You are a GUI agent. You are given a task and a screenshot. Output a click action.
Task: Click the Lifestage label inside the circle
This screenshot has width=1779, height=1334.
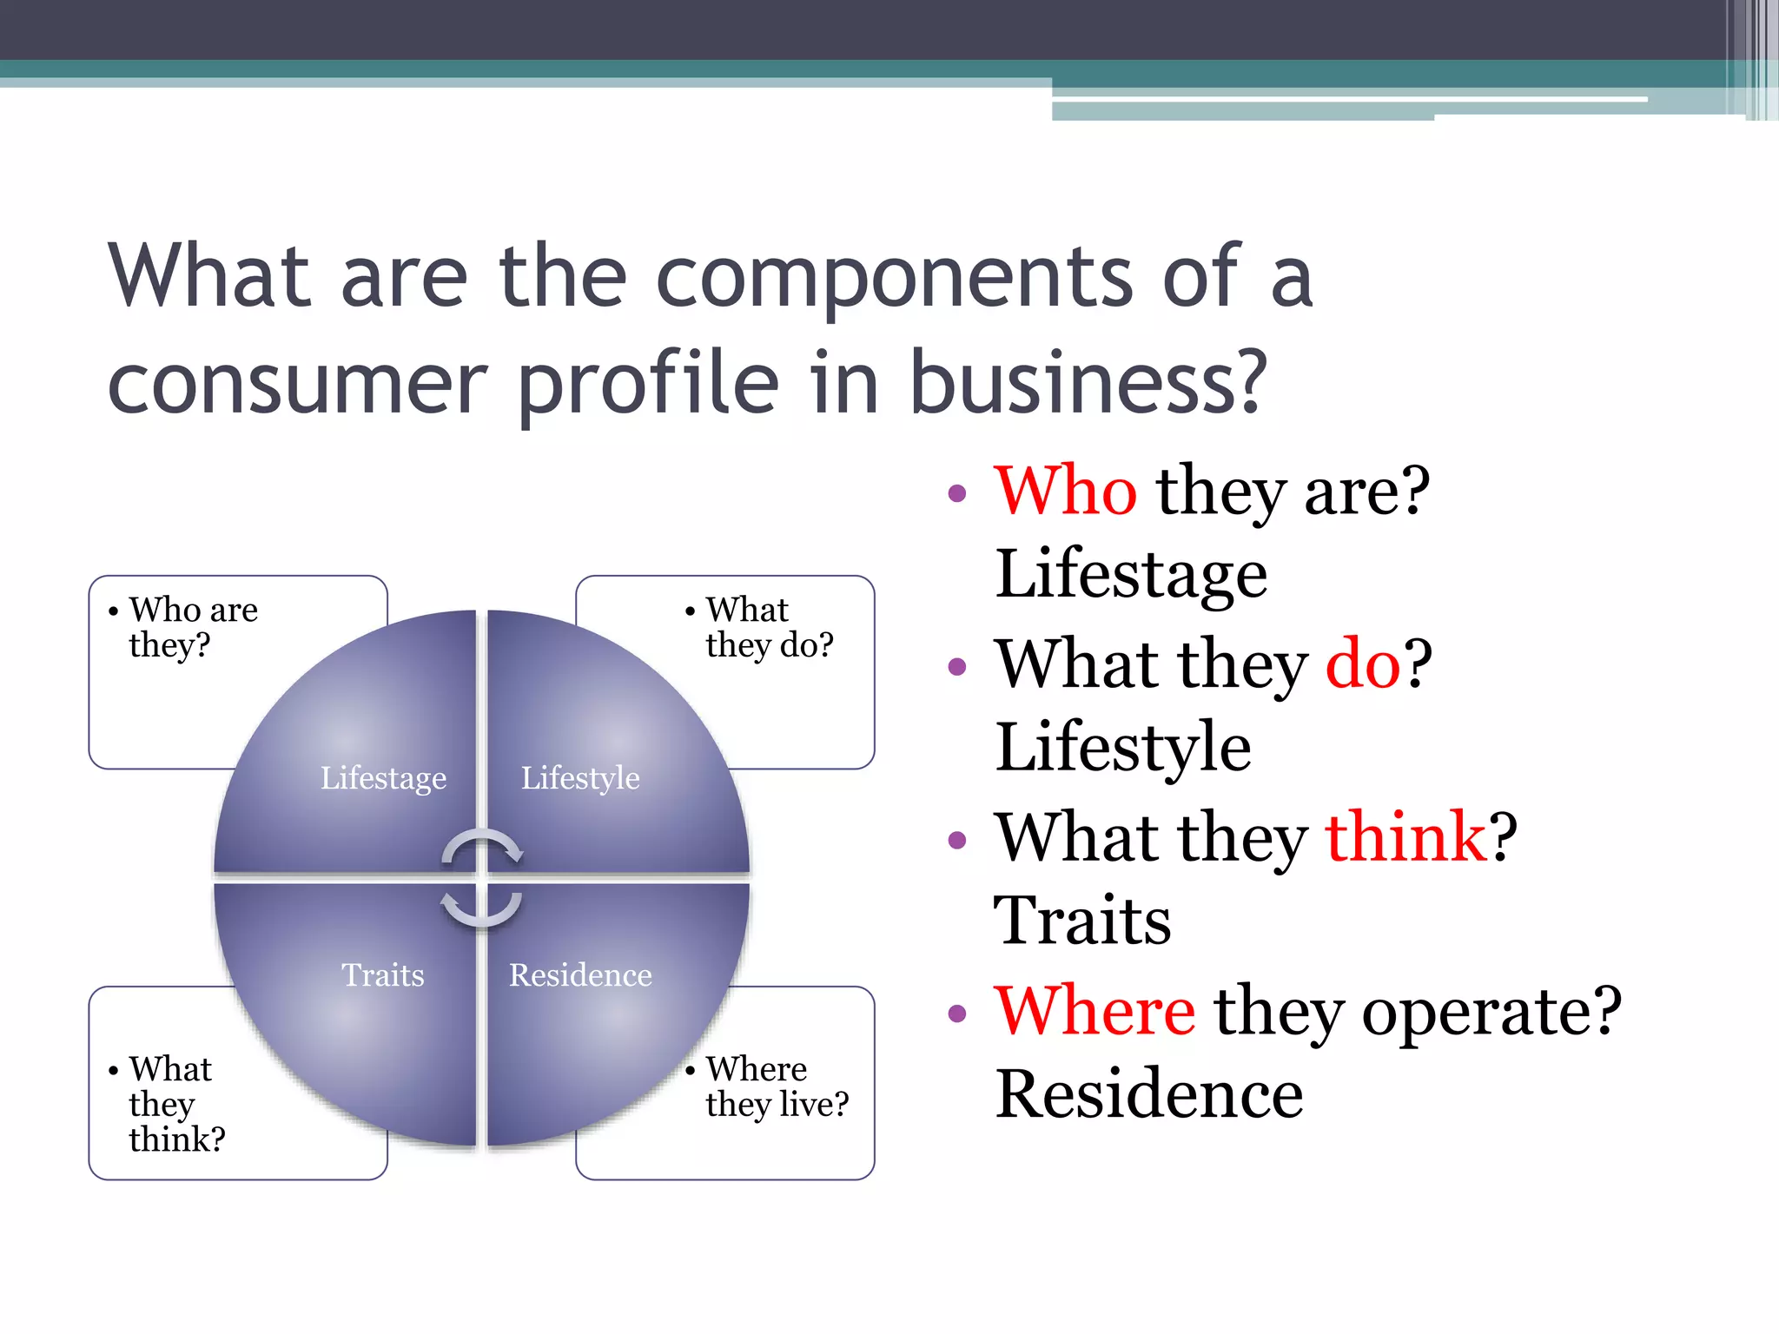pyautogui.click(x=383, y=778)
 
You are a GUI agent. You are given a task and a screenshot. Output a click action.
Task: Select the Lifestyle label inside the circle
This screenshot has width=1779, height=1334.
pyautogui.click(x=580, y=778)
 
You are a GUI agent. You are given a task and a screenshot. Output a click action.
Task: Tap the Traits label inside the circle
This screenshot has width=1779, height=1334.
pyautogui.click(x=383, y=975)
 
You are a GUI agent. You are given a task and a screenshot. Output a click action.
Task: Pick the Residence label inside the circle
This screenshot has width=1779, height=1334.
pyautogui.click(x=580, y=975)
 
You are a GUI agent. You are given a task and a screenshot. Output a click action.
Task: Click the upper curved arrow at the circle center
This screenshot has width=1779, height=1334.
pyautogui.click(x=482, y=847)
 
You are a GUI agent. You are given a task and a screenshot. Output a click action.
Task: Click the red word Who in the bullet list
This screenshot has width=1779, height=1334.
pyautogui.click(x=1065, y=491)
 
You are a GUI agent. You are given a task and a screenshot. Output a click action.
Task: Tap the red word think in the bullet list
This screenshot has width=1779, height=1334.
pyautogui.click(x=1406, y=836)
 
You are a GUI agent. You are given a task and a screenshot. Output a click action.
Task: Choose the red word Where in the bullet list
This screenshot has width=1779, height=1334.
pyautogui.click(x=1095, y=1010)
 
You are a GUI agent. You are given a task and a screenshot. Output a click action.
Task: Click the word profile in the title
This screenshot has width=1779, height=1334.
pyautogui.click(x=648, y=383)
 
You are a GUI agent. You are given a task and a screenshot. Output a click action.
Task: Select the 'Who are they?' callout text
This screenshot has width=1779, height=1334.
pyautogui.click(x=193, y=627)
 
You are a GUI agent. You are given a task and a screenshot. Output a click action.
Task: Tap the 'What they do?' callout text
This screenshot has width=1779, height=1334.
pyautogui.click(x=769, y=627)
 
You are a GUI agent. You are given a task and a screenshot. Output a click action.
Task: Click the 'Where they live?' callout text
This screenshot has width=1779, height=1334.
pyautogui.click(x=777, y=1086)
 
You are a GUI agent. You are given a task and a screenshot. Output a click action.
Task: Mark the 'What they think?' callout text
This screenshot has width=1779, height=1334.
pyautogui.click(x=176, y=1103)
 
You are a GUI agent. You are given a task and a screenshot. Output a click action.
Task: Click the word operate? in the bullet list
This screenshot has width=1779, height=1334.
pyautogui.click(x=1491, y=1010)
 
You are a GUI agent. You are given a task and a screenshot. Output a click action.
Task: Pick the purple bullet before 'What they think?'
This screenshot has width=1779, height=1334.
pyautogui.click(x=957, y=840)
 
